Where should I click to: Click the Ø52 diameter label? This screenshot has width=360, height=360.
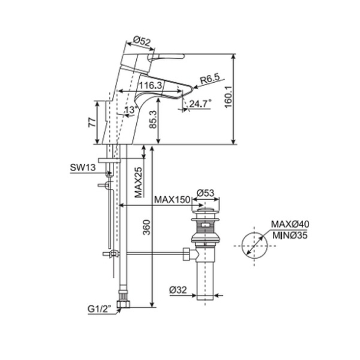coord(142,41)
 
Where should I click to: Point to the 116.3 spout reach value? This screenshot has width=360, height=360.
coord(151,86)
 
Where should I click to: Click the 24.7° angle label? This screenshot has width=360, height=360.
coord(200,104)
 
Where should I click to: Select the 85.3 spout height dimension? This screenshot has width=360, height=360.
coord(153,120)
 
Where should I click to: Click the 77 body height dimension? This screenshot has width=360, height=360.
coord(92,122)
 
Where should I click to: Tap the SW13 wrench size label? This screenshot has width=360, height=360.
coord(83,167)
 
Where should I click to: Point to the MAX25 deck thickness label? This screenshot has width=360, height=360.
coord(138,183)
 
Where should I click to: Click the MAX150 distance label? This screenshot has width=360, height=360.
coord(172,199)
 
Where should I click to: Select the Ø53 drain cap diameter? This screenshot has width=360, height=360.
coord(205,193)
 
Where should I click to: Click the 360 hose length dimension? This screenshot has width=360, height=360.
coord(147,228)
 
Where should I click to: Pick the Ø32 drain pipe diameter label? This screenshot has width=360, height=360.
coord(178,290)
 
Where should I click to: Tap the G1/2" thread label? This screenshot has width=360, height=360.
coord(99,309)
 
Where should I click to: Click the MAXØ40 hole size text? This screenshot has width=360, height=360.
coord(290,224)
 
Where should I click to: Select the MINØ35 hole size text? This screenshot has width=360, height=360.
coord(290,236)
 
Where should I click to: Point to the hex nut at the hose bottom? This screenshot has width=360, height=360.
coord(123,304)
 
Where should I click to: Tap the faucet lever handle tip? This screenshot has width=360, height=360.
coord(183,56)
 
